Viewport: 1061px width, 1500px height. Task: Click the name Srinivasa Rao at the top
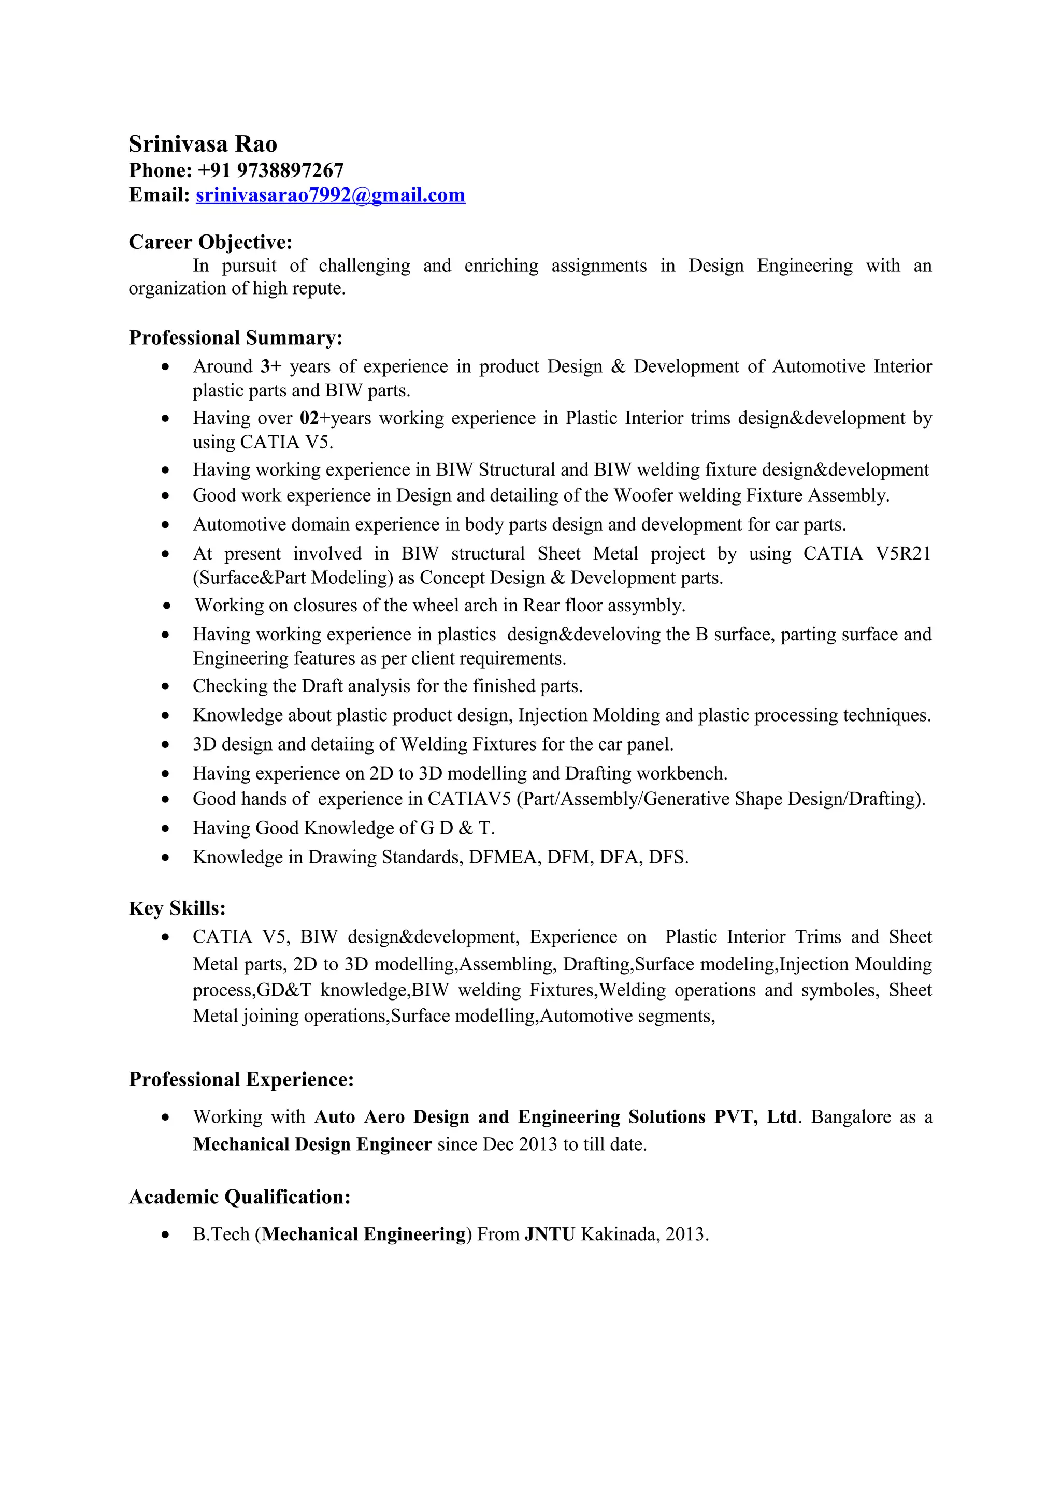[203, 144]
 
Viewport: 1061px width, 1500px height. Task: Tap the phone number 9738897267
[290, 170]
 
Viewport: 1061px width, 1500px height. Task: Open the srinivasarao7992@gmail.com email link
[330, 195]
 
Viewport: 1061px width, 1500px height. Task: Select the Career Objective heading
[210, 242]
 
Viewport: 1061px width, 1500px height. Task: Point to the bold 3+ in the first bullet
[270, 366]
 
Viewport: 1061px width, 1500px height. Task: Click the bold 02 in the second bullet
[309, 418]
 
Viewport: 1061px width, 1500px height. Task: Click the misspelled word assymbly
[646, 606]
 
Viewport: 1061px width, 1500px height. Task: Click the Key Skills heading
[177, 909]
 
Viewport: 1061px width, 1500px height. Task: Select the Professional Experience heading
[241, 1080]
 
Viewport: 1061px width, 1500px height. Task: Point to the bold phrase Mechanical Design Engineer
[312, 1144]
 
